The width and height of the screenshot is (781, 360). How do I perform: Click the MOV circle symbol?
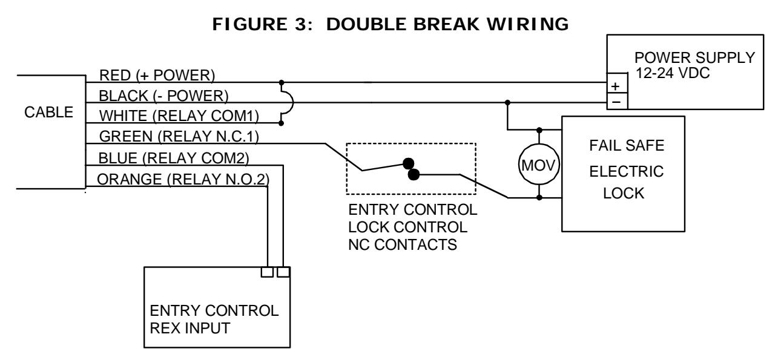[539, 165]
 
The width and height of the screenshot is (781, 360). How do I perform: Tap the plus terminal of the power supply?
[617, 83]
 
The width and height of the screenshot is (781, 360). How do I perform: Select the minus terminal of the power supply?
[617, 102]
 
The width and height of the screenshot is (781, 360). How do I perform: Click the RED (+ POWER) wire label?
[157, 75]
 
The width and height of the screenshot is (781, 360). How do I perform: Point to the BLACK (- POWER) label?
[163, 96]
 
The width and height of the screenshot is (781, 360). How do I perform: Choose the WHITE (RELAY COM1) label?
[179, 116]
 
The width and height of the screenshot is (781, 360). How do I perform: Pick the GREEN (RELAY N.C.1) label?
[179, 136]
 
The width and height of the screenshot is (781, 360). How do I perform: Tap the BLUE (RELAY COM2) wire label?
[174, 158]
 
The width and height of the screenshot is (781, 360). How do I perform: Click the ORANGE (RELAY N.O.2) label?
[183, 179]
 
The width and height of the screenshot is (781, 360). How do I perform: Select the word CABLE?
[48, 112]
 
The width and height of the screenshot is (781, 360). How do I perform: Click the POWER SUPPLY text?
[694, 57]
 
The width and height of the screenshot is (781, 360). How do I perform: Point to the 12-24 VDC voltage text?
[672, 73]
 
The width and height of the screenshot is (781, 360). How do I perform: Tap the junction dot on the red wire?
[282, 83]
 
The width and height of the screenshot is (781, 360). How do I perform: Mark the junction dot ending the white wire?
[281, 123]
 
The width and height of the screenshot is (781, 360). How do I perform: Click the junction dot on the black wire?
[507, 102]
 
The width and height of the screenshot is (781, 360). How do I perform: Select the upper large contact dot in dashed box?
[408, 163]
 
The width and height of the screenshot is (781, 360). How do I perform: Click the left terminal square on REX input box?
[267, 272]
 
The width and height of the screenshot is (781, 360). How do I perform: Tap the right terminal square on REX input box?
[283, 272]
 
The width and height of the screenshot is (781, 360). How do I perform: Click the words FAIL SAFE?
[627, 145]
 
